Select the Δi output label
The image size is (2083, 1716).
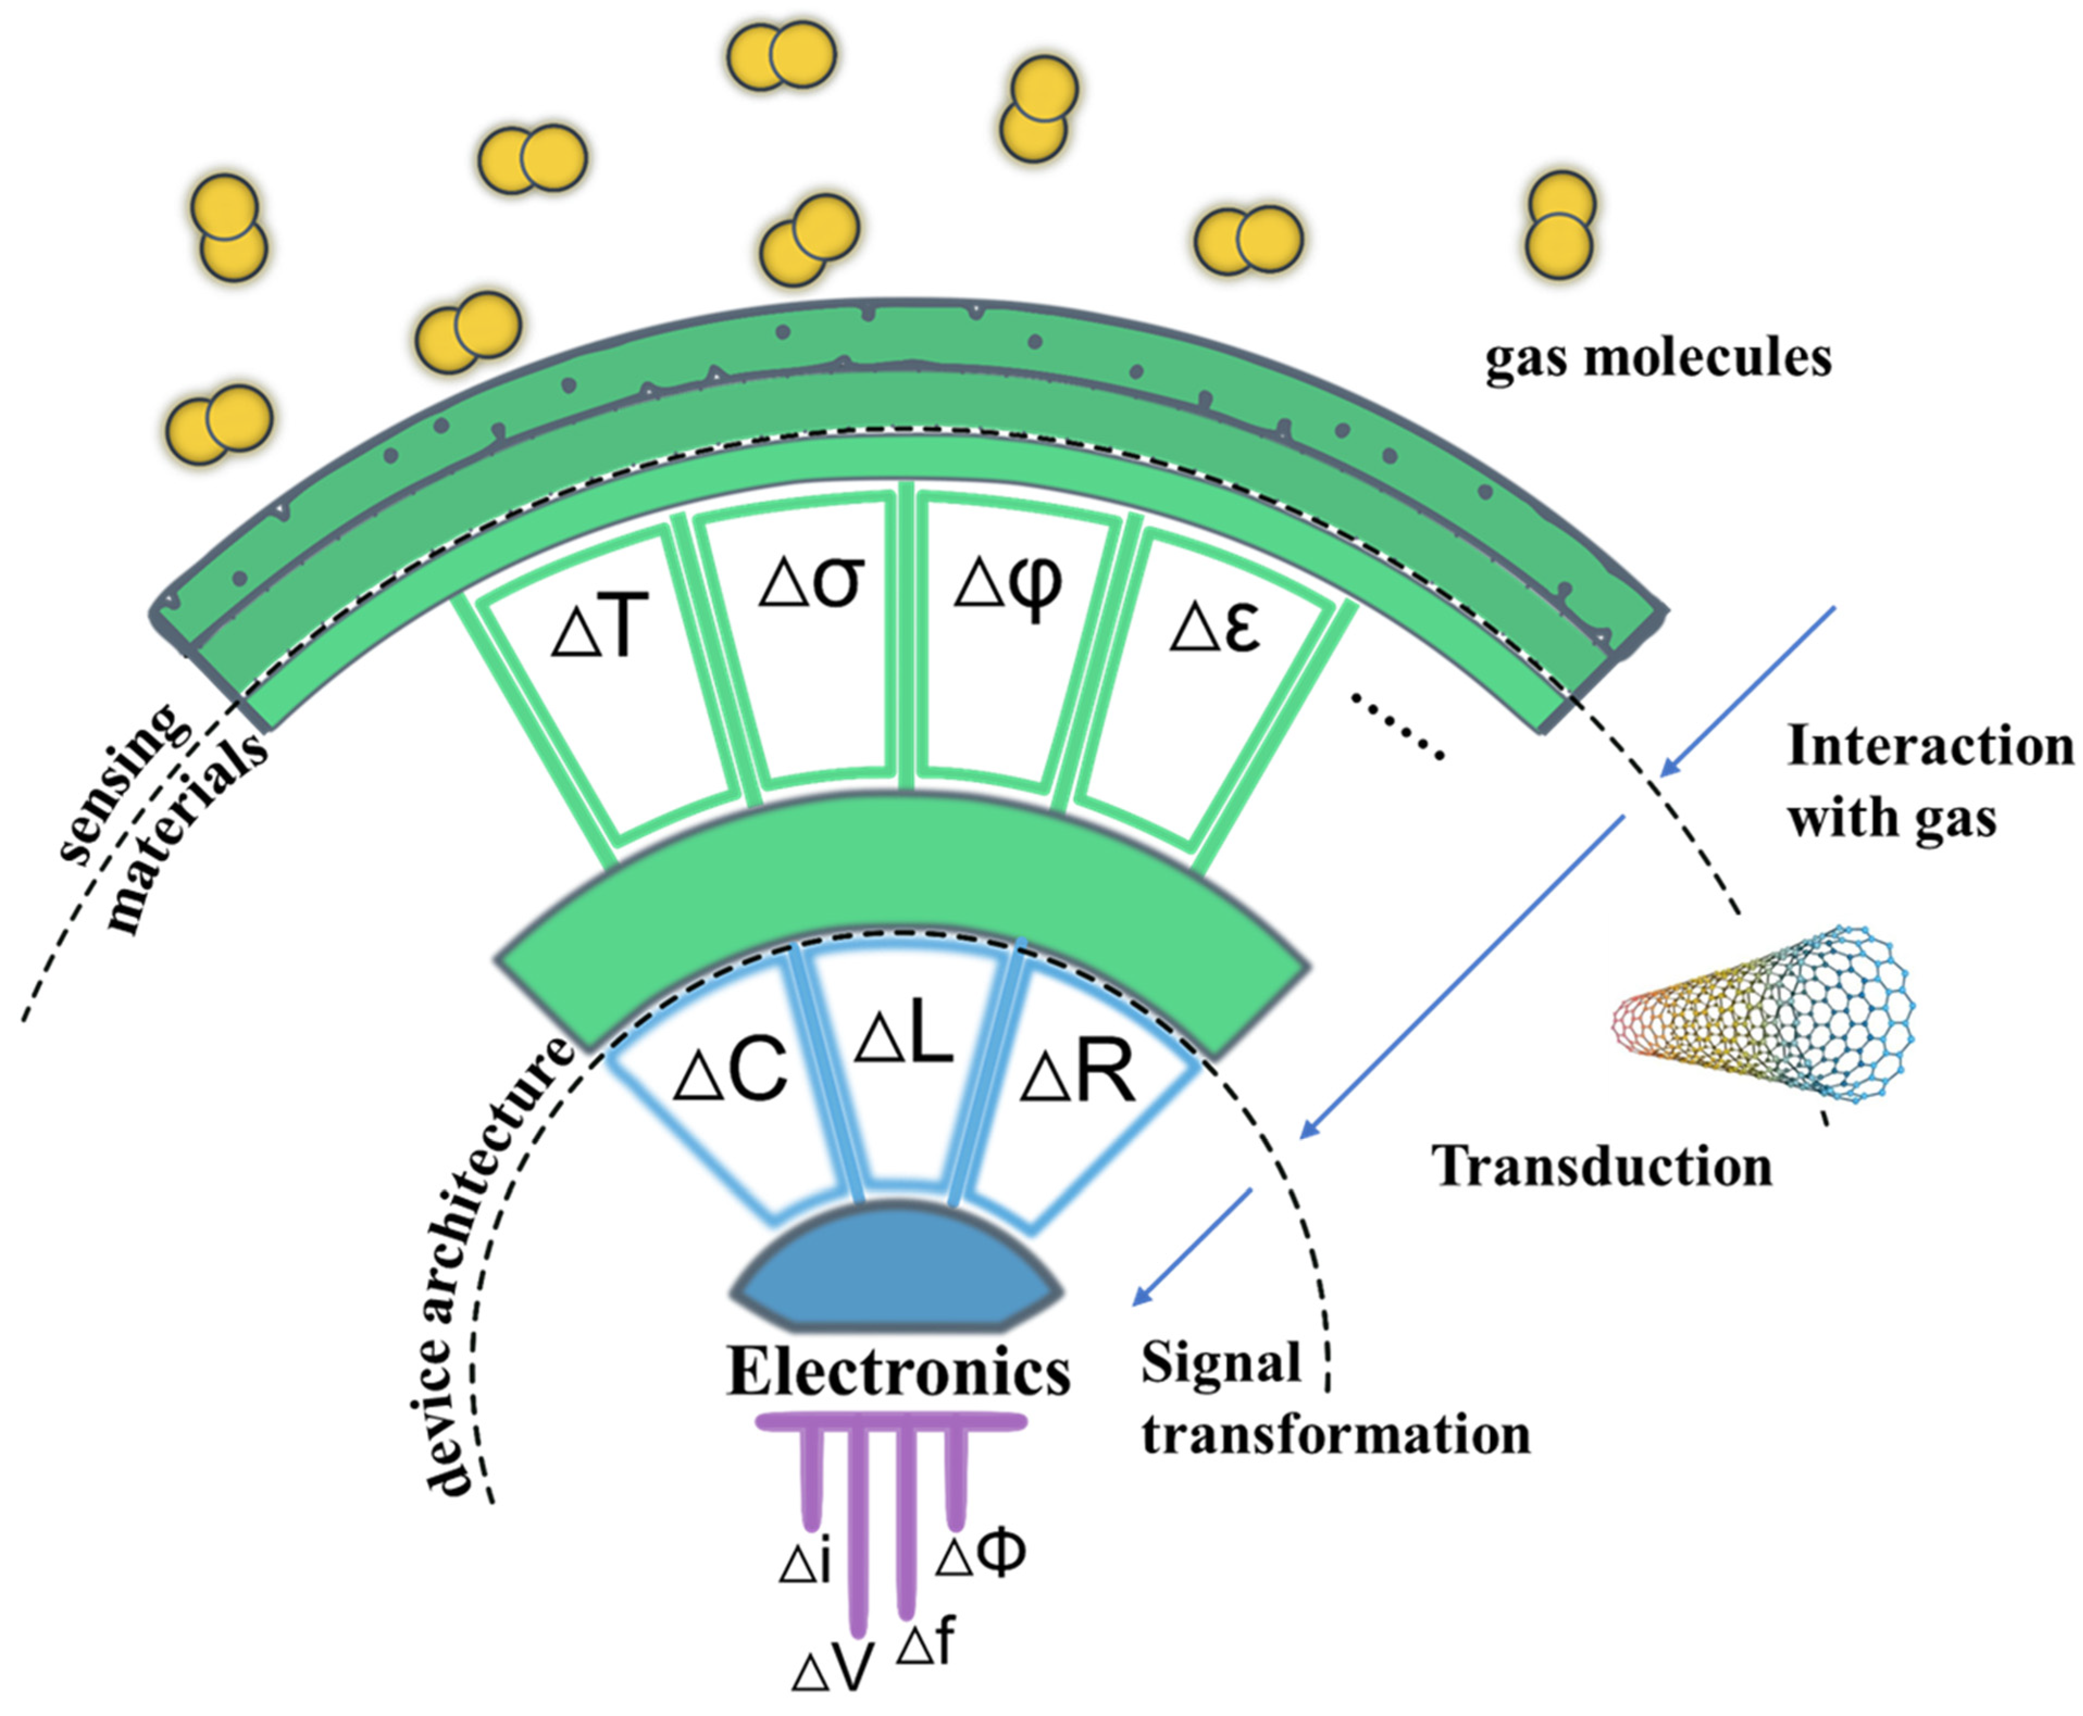pos(806,1564)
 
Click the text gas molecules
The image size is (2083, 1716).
pos(1658,358)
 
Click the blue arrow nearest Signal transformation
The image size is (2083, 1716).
pos(1194,1246)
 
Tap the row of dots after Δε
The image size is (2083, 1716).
pos(1397,726)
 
